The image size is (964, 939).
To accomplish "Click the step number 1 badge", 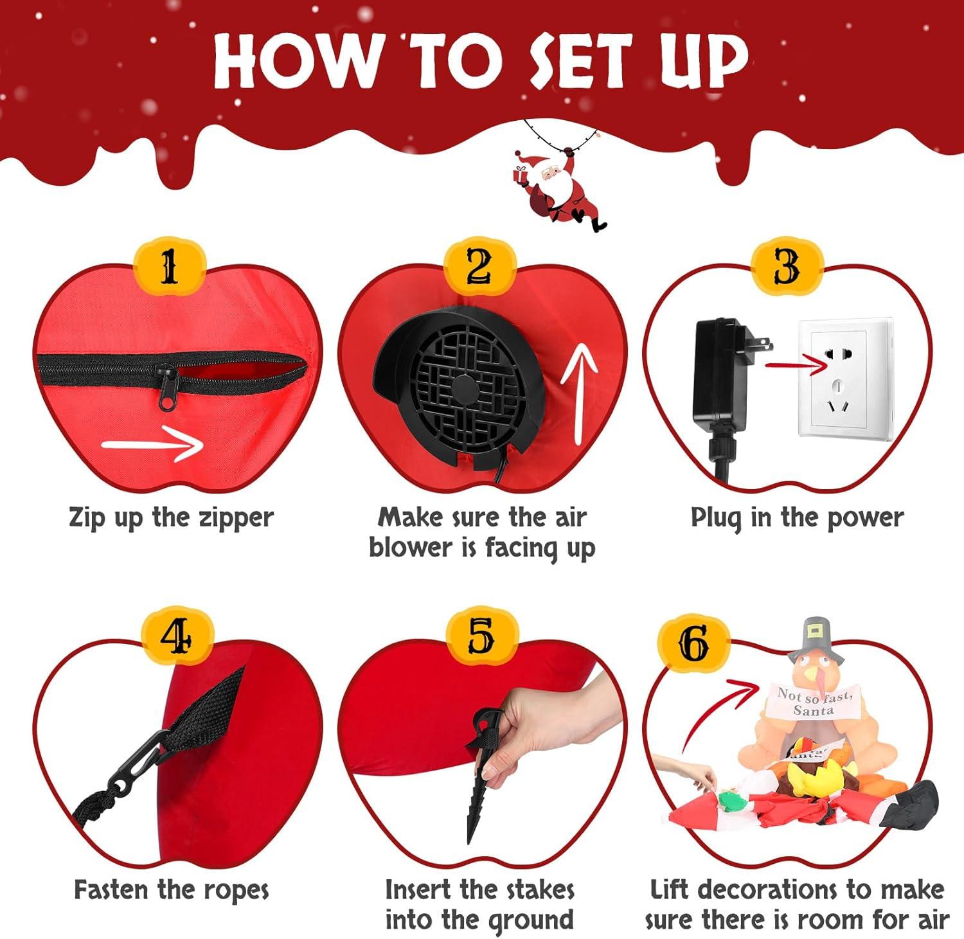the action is coord(169,267).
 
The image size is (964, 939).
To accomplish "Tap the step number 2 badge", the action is coord(479,267).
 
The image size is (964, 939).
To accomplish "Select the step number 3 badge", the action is coord(787,267).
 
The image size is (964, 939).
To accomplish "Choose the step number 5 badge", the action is coord(480,637).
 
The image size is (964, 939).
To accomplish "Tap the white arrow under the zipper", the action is coord(152,443).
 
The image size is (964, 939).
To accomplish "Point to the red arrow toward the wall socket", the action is coord(796,366).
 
